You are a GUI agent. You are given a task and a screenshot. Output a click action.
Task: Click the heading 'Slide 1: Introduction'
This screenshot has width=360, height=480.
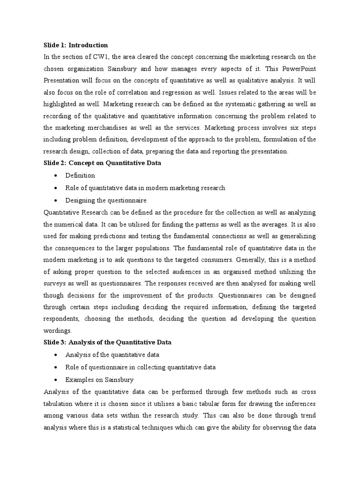[x=75, y=45]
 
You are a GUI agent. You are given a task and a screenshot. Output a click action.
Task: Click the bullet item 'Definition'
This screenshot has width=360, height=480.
[x=80, y=176]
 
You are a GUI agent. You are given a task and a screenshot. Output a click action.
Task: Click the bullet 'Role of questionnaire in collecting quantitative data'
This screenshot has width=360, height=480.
[x=141, y=367]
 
